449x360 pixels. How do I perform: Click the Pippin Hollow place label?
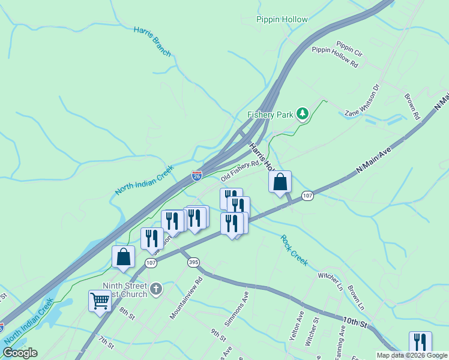click(282, 19)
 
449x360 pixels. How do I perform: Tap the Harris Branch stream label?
click(152, 41)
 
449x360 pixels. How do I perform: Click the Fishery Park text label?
click(270, 115)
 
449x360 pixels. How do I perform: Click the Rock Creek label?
click(294, 250)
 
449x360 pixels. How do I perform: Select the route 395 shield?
click(193, 263)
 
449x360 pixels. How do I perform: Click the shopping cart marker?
click(100, 300)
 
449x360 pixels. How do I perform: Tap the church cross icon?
click(155, 289)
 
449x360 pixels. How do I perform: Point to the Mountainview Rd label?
click(186, 297)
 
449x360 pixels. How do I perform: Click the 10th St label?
click(354, 322)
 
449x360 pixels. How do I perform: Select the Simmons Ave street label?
click(237, 309)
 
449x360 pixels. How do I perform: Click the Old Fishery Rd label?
click(240, 170)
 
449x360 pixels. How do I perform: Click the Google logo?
click(20, 353)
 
